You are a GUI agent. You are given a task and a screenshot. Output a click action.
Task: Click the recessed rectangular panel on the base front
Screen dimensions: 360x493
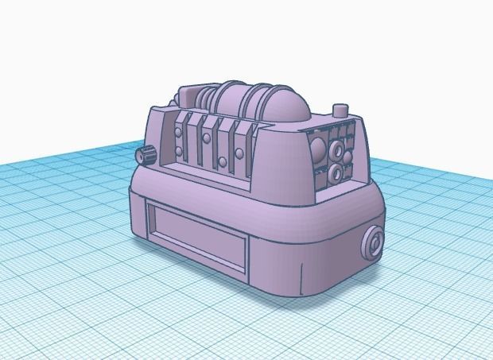[196, 234]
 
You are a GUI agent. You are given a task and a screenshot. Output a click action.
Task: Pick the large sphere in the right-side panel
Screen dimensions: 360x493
[317, 149]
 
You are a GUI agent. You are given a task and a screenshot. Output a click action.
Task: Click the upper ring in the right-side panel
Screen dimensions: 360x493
[336, 149]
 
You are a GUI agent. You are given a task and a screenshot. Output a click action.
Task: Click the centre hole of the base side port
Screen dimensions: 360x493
[374, 243]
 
